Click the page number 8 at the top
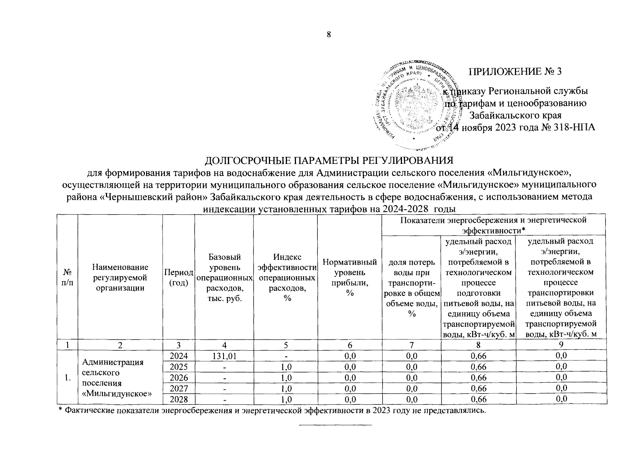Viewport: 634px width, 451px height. pyautogui.click(x=329, y=35)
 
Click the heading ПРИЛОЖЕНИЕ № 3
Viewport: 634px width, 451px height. pyautogui.click(x=515, y=71)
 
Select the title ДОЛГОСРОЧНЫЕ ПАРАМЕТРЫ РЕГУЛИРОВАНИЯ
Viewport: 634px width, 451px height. pyautogui.click(x=329, y=160)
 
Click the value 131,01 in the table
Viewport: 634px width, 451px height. pyautogui.click(x=224, y=356)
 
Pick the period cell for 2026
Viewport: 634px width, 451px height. pyautogui.click(x=178, y=377)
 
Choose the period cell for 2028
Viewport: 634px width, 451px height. pyautogui.click(x=178, y=399)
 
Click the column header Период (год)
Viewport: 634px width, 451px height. pyautogui.click(x=178, y=277)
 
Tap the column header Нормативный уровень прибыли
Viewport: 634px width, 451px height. pyautogui.click(x=350, y=277)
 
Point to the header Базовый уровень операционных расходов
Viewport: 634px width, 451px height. pyautogui.click(x=224, y=277)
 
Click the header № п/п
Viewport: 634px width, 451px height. pyautogui.click(x=67, y=277)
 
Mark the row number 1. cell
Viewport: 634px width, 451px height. pyautogui.click(x=67, y=378)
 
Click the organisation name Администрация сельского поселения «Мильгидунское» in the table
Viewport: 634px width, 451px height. pyautogui.click(x=117, y=378)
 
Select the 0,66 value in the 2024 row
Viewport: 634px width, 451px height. pyautogui.click(x=478, y=356)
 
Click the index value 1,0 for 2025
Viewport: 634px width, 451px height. pyautogui.click(x=286, y=367)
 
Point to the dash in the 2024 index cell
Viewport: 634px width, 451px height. pyautogui.click(x=286, y=356)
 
